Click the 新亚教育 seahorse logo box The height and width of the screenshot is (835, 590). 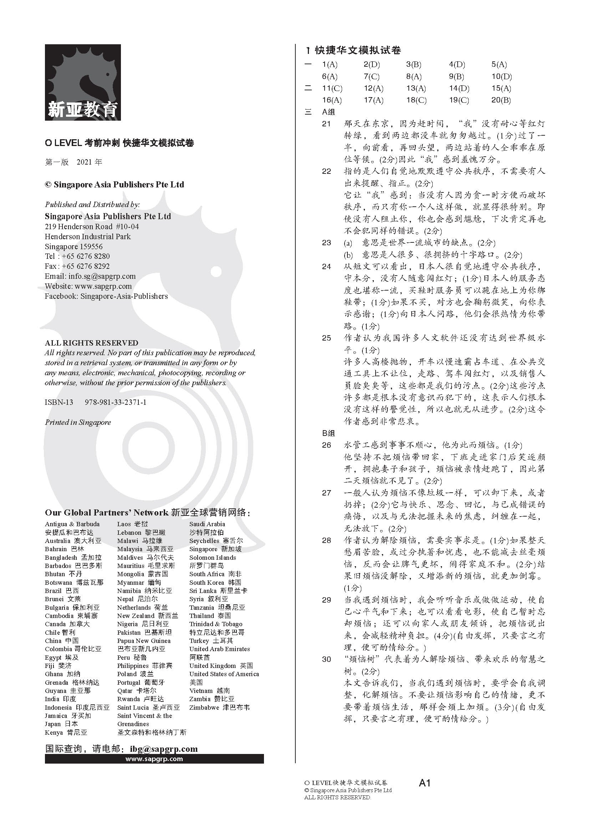point(83,82)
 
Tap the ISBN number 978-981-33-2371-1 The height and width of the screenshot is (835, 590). point(116,402)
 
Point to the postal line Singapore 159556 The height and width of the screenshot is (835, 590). point(74,247)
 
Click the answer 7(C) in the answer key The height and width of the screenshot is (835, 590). point(371,77)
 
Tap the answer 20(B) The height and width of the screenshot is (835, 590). point(501,100)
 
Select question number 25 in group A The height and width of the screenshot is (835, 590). point(326,338)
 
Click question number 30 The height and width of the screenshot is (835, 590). point(326,659)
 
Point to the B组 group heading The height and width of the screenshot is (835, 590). point(329,433)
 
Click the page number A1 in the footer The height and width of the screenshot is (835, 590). point(424,783)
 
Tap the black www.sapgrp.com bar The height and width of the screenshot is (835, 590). point(154,759)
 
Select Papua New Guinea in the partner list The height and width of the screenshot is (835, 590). point(143,640)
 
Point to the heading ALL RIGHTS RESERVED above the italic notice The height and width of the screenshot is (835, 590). point(91,343)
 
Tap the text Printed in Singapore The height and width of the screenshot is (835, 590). point(78,422)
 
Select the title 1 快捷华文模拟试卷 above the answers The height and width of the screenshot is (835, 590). point(353,50)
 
